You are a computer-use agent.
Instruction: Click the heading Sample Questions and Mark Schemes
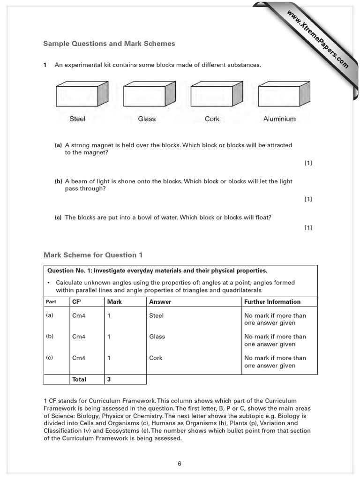tap(109, 44)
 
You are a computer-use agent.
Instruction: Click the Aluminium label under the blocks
tap(279, 119)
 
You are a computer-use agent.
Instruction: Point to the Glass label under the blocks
tap(147, 119)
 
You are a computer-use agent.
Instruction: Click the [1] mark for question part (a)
tap(308, 163)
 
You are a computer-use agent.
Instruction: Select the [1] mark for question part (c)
tap(308, 228)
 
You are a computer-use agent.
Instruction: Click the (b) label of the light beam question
tap(59, 181)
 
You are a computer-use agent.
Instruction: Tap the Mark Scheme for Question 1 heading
tap(93, 255)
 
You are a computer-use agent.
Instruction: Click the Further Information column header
tap(272, 302)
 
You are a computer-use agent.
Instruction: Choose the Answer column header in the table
tap(160, 302)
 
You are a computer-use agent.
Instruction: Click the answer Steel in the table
tap(157, 315)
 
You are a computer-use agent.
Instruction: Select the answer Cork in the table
tap(156, 358)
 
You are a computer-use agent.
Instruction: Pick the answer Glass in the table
tap(157, 337)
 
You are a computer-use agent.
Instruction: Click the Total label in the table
tap(79, 379)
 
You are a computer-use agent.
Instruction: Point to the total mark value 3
tap(109, 379)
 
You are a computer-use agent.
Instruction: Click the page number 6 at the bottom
tap(180, 464)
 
